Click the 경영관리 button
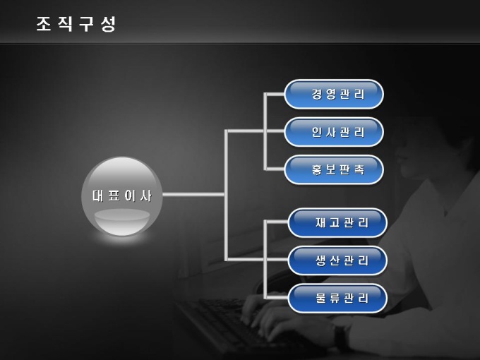point(334,94)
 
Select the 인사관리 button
point(334,132)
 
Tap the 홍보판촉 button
point(334,170)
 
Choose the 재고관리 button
point(337,223)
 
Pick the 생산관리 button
point(337,260)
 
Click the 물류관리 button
point(337,299)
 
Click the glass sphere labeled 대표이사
point(122,196)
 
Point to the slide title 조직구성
point(76,24)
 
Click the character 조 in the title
point(44,24)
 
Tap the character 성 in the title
point(108,24)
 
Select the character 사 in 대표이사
point(146,196)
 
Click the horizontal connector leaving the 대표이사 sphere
point(194,194)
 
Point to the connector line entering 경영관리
point(274,93)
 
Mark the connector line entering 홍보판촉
point(274,169)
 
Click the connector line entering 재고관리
point(277,222)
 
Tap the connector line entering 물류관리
point(277,298)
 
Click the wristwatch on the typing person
point(342,337)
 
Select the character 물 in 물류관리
point(320,299)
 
